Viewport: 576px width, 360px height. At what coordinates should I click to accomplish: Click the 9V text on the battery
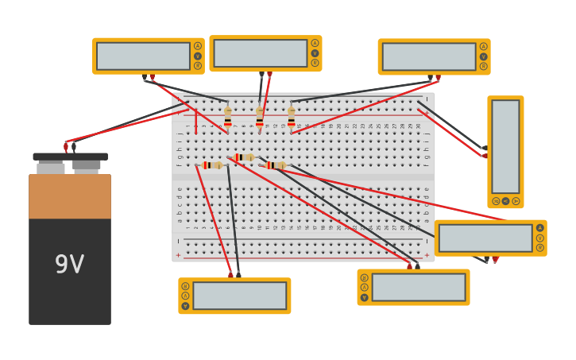tap(69, 265)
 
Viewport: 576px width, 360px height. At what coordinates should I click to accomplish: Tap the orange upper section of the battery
tap(70, 196)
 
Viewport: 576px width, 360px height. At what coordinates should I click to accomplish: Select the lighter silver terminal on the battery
tap(51, 168)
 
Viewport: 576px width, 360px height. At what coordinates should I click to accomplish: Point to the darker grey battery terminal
tap(87, 165)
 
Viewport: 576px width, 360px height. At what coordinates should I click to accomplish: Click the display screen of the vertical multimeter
tap(505, 146)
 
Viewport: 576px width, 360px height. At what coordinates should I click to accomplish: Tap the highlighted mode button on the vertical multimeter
tap(505, 201)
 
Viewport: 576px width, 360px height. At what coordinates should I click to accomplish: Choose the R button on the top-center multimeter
tap(315, 63)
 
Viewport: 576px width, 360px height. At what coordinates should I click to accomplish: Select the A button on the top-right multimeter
tap(483, 46)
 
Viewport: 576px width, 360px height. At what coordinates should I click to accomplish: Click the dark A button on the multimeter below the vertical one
tap(540, 228)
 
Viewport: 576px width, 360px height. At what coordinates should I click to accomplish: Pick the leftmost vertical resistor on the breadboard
tap(228, 118)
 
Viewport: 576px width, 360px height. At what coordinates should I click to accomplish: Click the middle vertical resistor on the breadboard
tap(260, 118)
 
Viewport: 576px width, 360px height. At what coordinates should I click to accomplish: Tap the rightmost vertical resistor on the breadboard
tap(292, 118)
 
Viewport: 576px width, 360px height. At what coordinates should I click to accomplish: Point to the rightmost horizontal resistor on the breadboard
tap(276, 165)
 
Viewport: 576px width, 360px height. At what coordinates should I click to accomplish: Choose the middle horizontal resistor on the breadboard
tap(244, 157)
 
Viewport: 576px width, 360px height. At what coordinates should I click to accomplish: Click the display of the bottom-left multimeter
tap(239, 296)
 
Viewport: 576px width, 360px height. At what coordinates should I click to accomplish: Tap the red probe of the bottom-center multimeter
tap(409, 265)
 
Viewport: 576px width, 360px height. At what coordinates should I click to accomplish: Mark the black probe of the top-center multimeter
tap(261, 75)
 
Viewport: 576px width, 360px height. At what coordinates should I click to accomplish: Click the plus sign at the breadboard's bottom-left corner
tap(178, 255)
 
